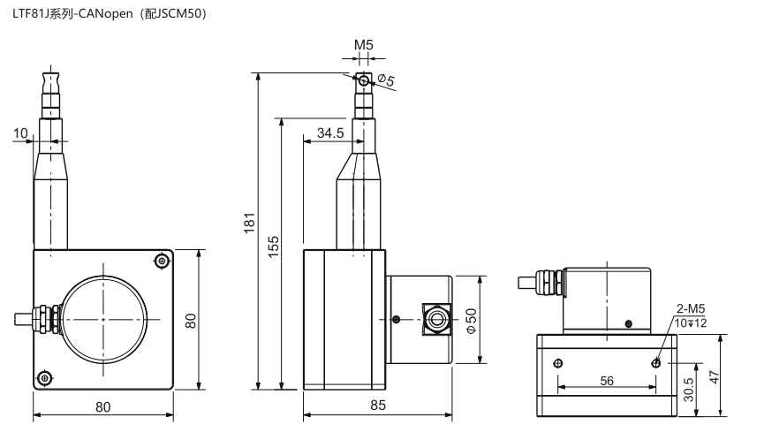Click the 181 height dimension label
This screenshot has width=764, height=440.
(x=249, y=223)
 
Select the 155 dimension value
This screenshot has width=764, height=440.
(x=273, y=247)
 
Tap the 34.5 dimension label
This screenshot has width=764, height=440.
(x=330, y=133)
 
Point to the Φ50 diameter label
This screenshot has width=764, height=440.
(x=471, y=321)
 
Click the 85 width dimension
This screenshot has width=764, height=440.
(x=378, y=405)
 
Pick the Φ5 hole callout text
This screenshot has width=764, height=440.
(x=386, y=80)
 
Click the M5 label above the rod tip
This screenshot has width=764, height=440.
(x=364, y=45)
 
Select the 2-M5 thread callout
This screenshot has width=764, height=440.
(x=691, y=308)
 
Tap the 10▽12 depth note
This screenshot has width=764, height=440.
(x=691, y=322)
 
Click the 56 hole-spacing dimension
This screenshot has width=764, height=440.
(x=607, y=381)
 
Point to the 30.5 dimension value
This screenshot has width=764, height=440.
(x=688, y=390)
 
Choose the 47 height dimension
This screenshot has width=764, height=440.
(x=714, y=376)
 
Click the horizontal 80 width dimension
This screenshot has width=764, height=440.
(x=102, y=406)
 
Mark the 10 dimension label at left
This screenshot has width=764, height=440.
(x=20, y=133)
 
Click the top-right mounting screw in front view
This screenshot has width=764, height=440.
(x=162, y=262)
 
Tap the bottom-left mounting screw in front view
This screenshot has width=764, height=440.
(x=45, y=377)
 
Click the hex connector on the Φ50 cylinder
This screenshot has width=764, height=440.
(x=436, y=319)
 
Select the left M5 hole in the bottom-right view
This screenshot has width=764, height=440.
(x=558, y=363)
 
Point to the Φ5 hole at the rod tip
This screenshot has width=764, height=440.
(x=364, y=81)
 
